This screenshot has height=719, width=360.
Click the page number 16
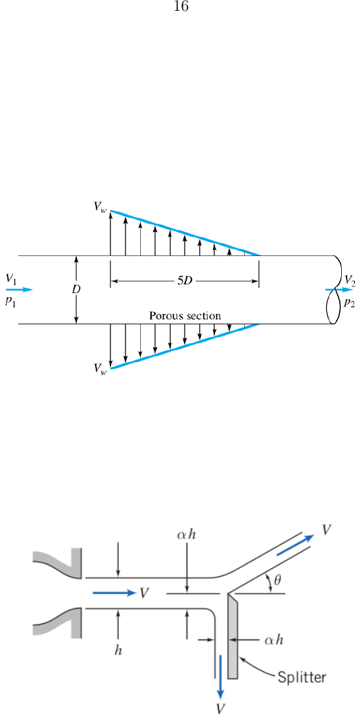(x=181, y=7)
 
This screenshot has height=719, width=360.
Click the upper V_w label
(x=100, y=208)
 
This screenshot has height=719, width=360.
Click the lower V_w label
(x=100, y=368)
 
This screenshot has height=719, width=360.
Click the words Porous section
(x=185, y=316)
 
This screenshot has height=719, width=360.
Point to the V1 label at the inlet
(x=11, y=279)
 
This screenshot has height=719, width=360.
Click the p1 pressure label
(x=10, y=302)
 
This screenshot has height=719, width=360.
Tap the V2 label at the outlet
(x=350, y=280)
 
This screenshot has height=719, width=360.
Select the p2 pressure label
(x=349, y=303)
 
